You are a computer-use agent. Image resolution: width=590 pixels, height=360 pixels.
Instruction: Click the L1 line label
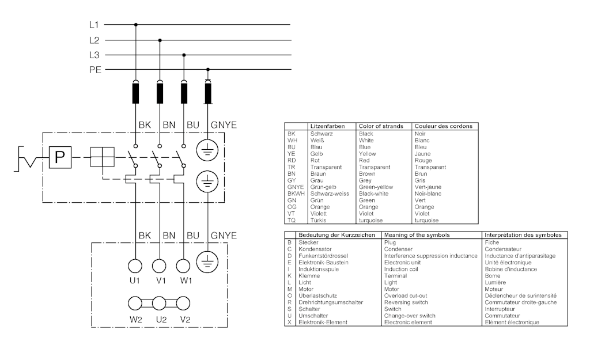(94, 25)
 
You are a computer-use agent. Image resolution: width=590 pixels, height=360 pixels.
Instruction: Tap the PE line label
(95, 70)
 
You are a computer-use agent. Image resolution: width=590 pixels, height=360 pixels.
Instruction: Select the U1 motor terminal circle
(135, 266)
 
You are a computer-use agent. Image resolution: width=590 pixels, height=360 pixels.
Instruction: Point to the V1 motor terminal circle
(160, 266)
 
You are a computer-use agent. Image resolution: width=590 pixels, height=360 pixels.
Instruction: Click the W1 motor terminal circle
(184, 266)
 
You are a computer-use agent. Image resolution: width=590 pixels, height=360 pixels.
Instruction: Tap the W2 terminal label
(135, 319)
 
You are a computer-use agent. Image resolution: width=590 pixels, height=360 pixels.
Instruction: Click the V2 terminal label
(184, 319)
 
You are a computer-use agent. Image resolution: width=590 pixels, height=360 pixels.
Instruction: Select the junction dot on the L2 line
(160, 40)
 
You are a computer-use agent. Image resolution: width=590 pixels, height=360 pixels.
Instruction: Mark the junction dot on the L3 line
(184, 55)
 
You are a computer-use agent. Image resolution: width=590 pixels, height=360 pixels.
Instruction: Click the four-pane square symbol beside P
(101, 157)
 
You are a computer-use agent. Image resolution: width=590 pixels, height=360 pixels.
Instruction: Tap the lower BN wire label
(169, 236)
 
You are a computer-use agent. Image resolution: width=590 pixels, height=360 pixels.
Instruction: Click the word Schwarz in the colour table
(321, 134)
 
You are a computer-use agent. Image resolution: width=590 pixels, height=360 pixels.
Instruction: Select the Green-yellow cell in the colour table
(376, 187)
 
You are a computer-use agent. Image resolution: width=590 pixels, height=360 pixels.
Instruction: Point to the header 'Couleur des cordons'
(443, 126)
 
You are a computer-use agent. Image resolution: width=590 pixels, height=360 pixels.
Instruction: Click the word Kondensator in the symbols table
(317, 249)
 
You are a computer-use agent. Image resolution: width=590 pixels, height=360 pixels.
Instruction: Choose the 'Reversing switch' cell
(406, 302)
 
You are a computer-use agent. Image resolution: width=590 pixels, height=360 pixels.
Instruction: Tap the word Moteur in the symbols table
(494, 289)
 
